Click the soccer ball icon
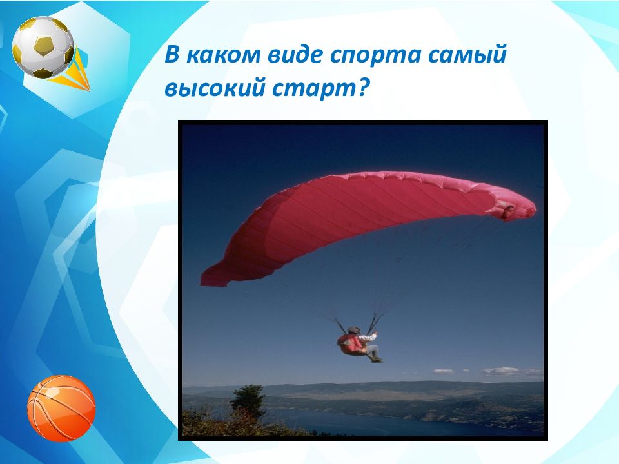point(43,47)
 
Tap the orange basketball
point(61,408)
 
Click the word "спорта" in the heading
point(375,55)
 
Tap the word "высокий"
point(214,88)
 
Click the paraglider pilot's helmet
point(354,331)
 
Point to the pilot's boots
point(376,359)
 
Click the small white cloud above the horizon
point(443,371)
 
